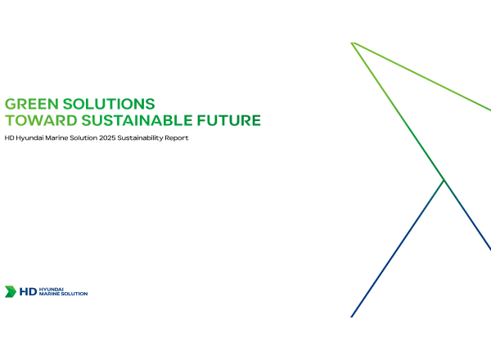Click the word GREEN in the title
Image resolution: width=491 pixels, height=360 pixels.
[x=32, y=104]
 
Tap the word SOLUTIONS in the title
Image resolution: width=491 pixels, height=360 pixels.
[x=109, y=104]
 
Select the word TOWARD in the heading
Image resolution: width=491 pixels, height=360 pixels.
[x=41, y=120]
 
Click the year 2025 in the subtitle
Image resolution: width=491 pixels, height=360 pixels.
[x=107, y=137]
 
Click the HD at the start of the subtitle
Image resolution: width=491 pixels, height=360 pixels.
[x=9, y=137]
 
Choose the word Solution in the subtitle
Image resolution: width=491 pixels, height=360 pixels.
[x=83, y=137]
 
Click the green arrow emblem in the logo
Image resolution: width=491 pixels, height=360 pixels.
[x=11, y=291]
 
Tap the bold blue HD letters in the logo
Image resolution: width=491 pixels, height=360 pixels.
[x=28, y=292]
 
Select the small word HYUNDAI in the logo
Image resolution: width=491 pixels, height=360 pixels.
[x=52, y=290]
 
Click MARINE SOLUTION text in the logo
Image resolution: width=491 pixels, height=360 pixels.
[x=63, y=294]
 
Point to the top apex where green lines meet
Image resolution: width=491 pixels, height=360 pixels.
[x=353, y=43]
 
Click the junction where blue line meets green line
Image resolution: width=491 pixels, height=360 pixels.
[x=444, y=180]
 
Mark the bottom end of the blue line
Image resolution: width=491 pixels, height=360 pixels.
[x=351, y=317]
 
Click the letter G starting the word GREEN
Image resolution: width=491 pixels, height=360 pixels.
[x=10, y=104]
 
